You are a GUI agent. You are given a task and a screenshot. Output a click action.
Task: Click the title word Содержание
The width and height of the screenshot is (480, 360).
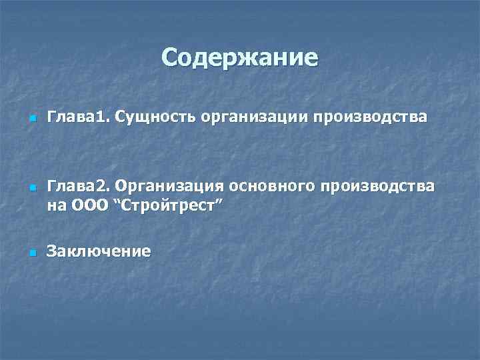[x=240, y=58]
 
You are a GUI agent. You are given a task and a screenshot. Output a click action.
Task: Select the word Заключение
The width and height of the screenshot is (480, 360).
[x=98, y=251]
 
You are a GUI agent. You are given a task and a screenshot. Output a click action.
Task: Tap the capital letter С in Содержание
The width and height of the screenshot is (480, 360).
[x=171, y=58]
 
